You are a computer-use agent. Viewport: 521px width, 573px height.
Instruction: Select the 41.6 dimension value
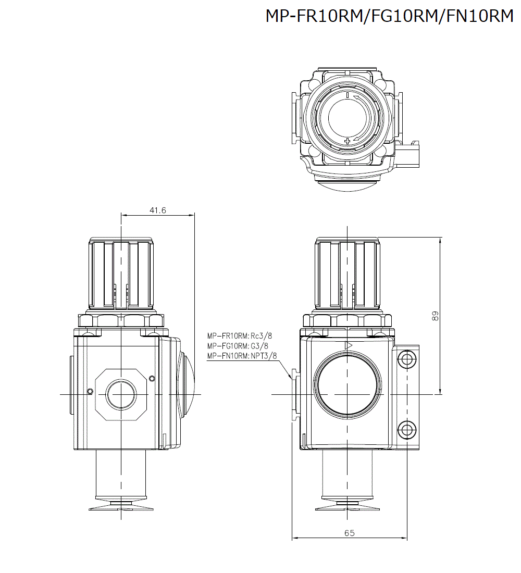point(157,210)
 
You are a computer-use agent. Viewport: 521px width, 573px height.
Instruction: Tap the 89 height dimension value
point(436,316)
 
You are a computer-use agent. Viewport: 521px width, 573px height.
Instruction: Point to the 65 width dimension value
point(350,533)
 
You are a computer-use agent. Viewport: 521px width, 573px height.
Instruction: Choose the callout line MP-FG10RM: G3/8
point(238,345)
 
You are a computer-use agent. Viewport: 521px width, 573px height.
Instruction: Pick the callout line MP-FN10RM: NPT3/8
point(242,356)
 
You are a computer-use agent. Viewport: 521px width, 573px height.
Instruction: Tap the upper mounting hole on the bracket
point(406,358)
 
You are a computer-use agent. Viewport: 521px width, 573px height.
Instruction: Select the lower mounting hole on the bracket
point(406,429)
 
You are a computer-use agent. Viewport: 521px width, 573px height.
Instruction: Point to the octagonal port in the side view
point(121,394)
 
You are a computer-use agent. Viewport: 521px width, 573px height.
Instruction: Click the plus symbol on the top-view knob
point(348,141)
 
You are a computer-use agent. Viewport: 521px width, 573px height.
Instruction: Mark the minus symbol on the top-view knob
point(348,95)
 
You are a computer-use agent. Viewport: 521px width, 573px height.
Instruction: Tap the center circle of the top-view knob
point(348,118)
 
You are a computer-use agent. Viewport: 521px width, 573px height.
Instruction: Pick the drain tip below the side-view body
point(121,506)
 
